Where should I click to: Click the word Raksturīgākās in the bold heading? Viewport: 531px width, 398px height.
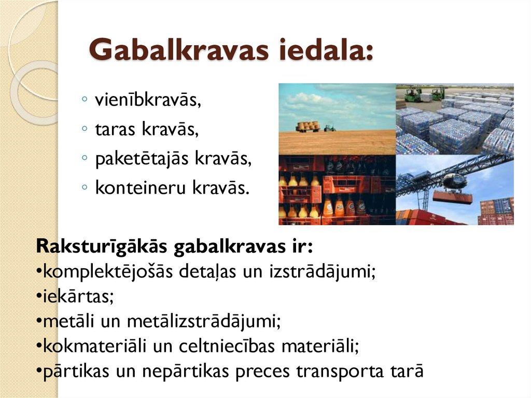tap(101, 246)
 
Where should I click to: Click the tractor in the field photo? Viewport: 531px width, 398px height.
tap(329, 128)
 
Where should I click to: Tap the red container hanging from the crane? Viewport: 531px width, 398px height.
tap(452, 197)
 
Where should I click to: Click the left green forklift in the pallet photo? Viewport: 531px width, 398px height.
tap(413, 95)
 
